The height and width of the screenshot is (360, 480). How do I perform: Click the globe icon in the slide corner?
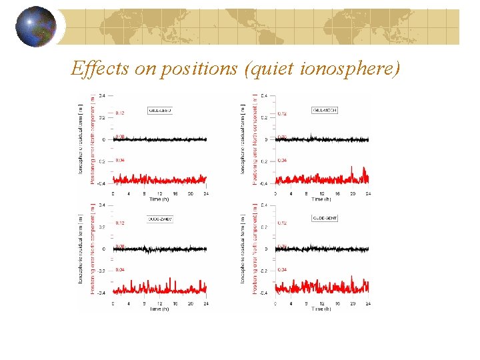click(x=35, y=27)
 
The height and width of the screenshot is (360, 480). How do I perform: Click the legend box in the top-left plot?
click(x=160, y=110)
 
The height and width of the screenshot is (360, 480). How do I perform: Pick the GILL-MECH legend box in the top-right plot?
click(x=324, y=110)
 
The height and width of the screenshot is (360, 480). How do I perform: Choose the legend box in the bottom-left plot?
click(x=160, y=219)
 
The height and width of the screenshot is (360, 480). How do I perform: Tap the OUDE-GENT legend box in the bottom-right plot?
click(x=324, y=219)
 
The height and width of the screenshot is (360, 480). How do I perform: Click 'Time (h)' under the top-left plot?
click(x=159, y=199)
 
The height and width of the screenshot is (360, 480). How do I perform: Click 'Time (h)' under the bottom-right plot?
click(x=321, y=309)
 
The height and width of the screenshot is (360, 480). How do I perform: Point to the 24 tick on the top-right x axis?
click(x=368, y=193)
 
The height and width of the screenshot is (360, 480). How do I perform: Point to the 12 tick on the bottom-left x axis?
click(x=159, y=303)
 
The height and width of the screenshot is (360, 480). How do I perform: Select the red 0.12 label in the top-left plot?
click(x=120, y=113)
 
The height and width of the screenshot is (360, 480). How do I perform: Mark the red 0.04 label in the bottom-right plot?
click(x=282, y=269)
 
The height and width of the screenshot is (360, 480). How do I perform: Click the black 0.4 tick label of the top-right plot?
click(x=265, y=96)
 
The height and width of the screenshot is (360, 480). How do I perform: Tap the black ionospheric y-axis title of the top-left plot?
click(x=81, y=139)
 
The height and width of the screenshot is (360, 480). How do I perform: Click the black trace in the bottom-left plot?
click(x=160, y=249)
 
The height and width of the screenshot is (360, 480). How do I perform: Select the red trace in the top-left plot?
click(x=160, y=179)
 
